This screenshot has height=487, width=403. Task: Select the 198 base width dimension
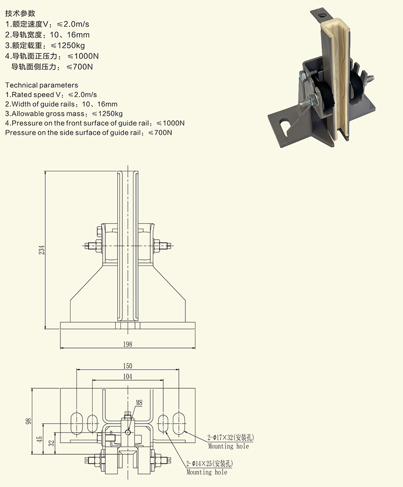tap(127, 344)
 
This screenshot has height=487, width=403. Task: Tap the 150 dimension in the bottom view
tap(127, 366)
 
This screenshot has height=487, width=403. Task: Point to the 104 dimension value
tap(127, 377)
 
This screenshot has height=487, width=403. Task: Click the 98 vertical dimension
tap(29, 420)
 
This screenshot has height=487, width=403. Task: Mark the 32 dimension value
tap(50, 443)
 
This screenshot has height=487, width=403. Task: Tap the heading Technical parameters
tap(41, 85)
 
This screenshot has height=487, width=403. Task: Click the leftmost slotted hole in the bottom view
tap(77, 422)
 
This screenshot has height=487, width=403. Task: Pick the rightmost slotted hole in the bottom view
tap(178, 422)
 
